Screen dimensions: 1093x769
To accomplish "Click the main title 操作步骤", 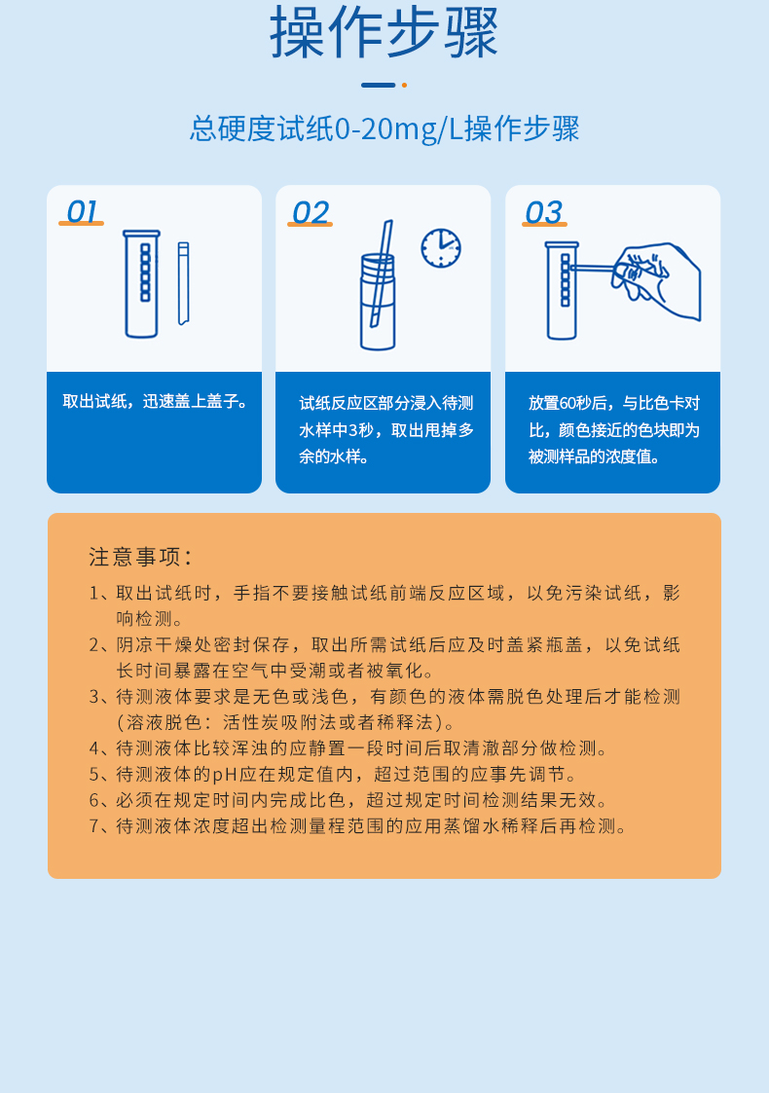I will (x=384, y=33).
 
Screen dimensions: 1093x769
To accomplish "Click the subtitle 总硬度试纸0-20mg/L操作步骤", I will (x=384, y=128).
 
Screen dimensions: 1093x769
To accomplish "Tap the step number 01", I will (x=82, y=212).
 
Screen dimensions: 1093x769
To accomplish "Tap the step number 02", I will (x=311, y=212).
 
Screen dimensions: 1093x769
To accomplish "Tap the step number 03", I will (x=543, y=212).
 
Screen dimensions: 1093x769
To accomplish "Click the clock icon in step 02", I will (x=441, y=248).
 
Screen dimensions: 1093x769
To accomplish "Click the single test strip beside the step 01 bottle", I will (x=183, y=283).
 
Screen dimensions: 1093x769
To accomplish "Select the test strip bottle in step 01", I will (x=141, y=283).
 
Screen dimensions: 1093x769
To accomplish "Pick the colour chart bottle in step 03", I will (x=562, y=290).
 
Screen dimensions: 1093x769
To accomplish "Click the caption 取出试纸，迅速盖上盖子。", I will (x=154, y=401).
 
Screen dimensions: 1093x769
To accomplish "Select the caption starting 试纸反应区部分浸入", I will (x=385, y=429).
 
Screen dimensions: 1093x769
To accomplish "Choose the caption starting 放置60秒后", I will (x=613, y=429).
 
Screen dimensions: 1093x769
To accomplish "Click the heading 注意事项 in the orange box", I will (x=140, y=557).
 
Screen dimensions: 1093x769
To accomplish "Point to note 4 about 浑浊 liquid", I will (x=362, y=748).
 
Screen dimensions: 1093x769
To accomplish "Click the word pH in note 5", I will (x=225, y=775).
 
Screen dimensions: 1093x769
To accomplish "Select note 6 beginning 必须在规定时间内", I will (x=362, y=800).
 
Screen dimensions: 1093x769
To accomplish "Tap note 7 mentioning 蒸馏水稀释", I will (x=372, y=826).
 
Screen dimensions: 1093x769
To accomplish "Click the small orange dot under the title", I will (x=404, y=86).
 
